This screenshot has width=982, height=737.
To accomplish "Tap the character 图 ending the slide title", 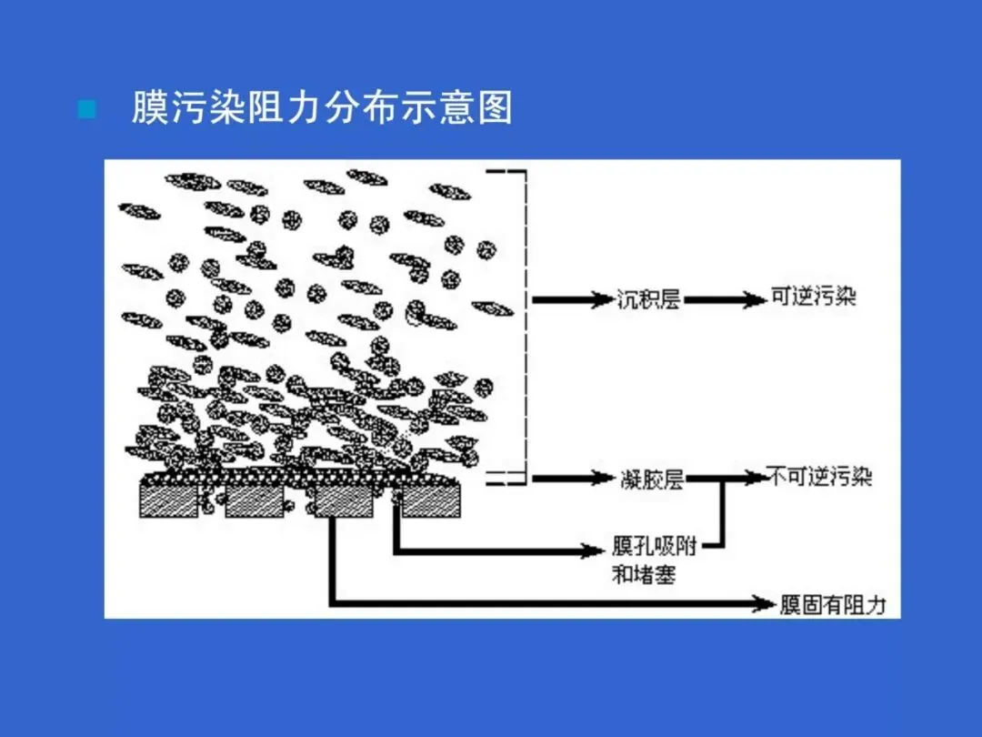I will [495, 108].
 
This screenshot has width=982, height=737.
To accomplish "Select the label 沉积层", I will [648, 298].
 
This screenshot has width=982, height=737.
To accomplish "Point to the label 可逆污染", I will [814, 298].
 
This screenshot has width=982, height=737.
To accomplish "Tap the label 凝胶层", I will [651, 479].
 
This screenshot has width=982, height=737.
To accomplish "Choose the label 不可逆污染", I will [819, 477].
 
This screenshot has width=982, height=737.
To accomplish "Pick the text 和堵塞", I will [644, 574].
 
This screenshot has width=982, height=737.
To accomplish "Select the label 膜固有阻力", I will [833, 605].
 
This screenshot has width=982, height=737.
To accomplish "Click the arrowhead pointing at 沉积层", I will [599, 298].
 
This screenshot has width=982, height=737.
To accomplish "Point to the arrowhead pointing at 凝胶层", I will [599, 479].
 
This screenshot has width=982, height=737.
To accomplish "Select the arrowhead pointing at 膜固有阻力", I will [764, 603].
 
